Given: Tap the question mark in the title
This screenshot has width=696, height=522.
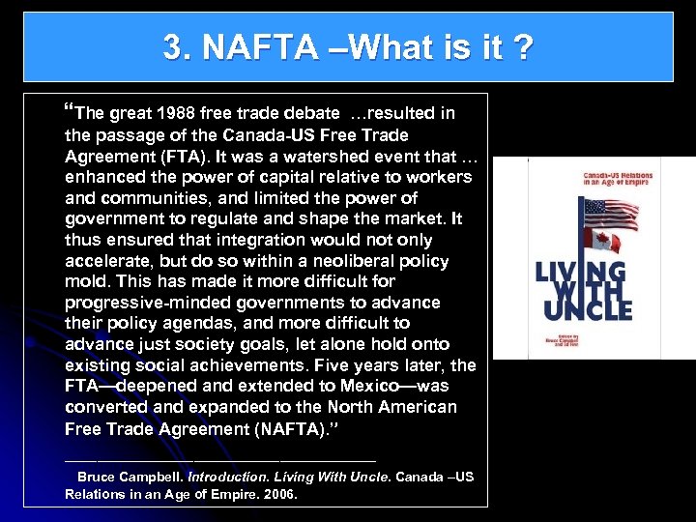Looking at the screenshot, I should point(523,47).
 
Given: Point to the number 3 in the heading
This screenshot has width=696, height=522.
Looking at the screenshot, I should point(173,47).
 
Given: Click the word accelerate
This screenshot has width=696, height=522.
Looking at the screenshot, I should point(105,261).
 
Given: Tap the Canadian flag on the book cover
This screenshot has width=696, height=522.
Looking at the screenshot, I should point(605,239).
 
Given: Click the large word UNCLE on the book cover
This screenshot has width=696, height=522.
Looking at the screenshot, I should point(587,309).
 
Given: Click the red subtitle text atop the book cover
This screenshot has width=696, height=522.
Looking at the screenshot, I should point(618,182).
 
